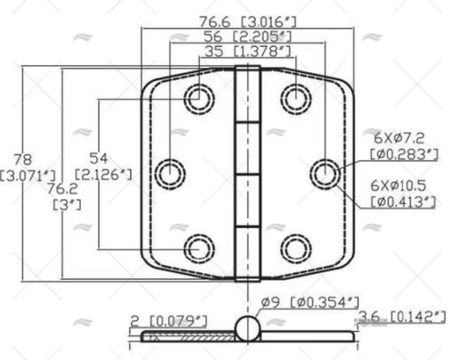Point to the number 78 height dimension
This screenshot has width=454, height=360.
tap(22, 160)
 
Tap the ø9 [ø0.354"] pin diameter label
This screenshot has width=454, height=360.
tap(306, 303)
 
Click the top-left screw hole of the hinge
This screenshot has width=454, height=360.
tap(199, 96)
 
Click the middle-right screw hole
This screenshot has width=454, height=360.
tap(323, 173)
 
